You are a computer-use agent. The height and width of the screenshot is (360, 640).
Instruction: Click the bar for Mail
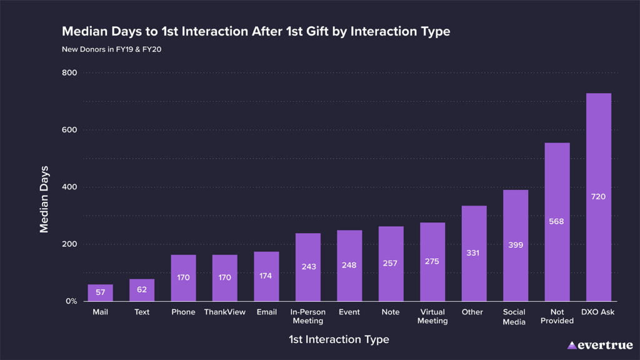[101, 293]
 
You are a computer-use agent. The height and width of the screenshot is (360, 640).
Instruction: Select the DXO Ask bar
[598, 197]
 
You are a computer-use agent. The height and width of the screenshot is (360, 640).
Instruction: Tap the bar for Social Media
[516, 246]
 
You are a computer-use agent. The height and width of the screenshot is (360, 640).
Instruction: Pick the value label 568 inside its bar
[557, 221]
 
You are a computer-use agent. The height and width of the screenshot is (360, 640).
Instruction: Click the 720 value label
[598, 197]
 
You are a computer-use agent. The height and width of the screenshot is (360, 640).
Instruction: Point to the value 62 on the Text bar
[142, 290]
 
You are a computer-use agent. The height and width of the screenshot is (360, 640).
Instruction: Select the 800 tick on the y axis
[69, 73]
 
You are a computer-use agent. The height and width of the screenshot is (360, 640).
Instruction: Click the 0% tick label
[71, 301]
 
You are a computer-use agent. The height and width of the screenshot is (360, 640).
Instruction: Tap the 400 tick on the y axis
[69, 187]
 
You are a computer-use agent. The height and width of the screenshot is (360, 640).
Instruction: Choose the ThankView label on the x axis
[225, 312]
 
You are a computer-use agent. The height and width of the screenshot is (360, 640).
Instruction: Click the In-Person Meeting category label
[307, 316]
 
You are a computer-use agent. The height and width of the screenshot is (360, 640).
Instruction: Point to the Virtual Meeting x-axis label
[432, 316]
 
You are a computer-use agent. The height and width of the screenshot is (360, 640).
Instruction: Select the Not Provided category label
[557, 316]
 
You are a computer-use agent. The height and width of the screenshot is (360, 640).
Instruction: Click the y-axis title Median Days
[44, 199]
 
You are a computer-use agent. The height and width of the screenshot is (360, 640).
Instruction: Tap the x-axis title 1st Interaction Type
[339, 339]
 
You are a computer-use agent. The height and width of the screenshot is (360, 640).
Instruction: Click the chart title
[256, 31]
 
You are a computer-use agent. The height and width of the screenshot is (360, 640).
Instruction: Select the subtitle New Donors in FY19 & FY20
[112, 49]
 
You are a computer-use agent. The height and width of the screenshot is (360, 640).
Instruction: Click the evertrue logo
[600, 345]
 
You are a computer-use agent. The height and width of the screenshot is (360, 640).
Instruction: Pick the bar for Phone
[183, 277]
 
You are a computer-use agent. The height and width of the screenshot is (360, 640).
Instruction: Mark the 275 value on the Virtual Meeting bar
[432, 261]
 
